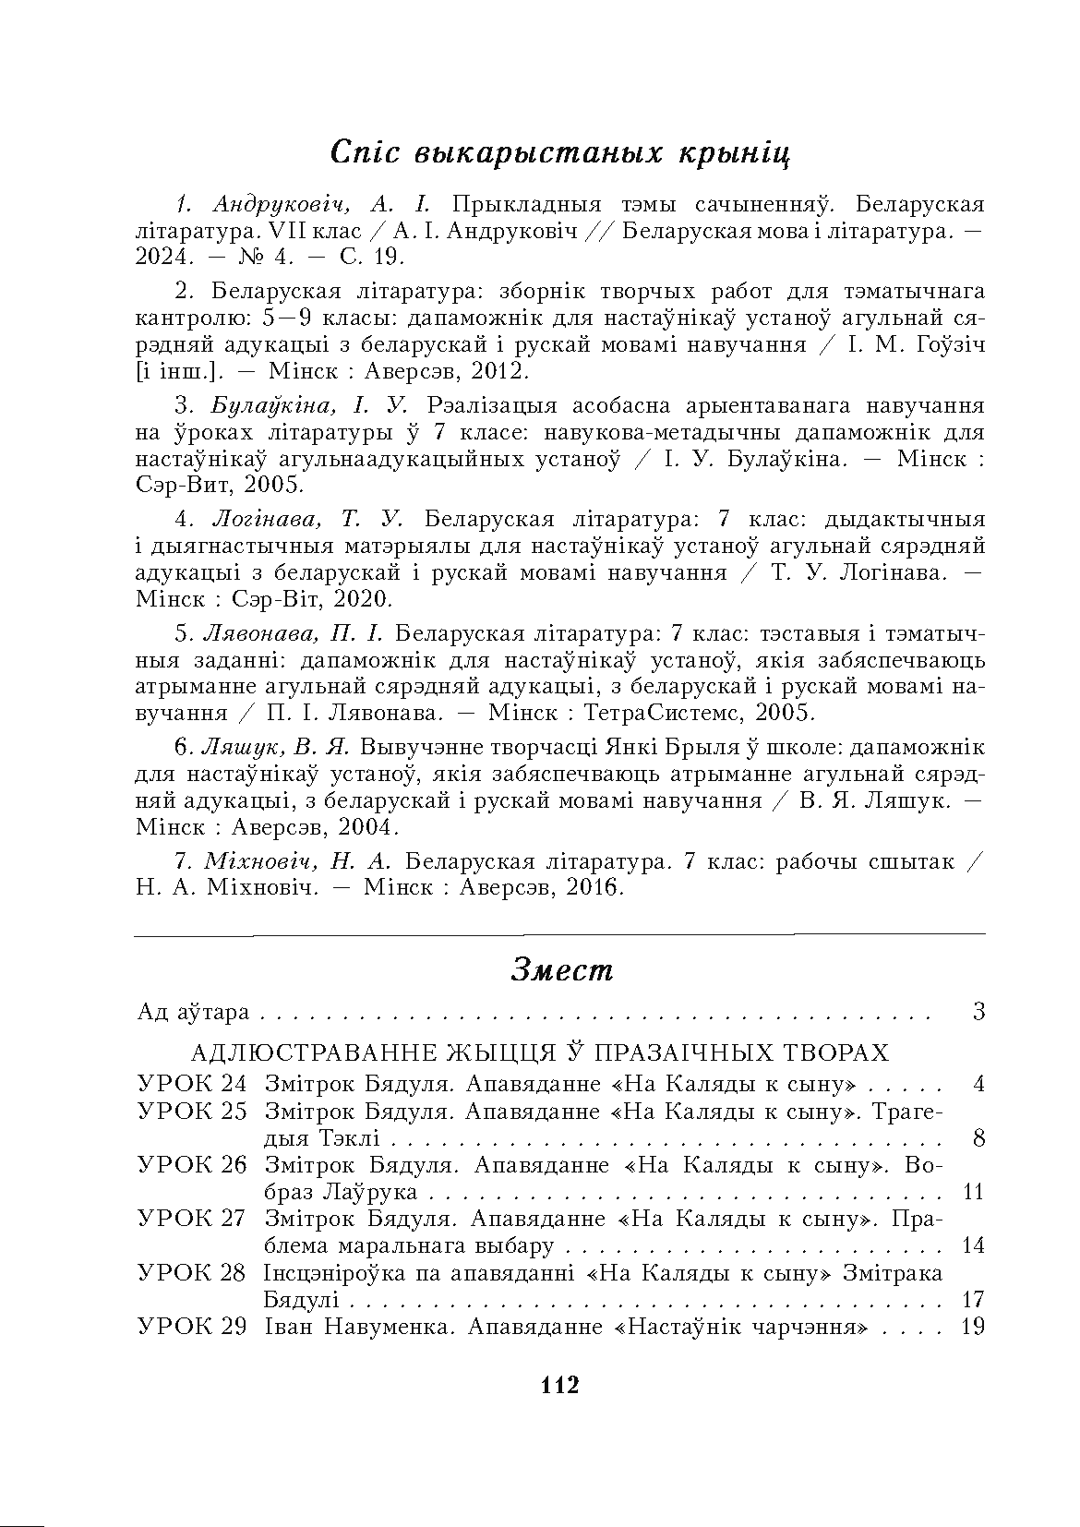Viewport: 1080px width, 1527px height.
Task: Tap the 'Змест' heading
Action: (561, 970)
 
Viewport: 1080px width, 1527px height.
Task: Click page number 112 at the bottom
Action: (559, 1384)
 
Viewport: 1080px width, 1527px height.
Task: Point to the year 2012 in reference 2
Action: (496, 371)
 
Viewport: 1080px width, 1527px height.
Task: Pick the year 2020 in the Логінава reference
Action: (362, 599)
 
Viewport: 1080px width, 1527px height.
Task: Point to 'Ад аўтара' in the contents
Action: (193, 1012)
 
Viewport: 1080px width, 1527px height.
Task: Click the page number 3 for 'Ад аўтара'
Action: (978, 1012)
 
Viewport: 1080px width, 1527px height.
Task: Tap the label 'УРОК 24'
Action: (191, 1083)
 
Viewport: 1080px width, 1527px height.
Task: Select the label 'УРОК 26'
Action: (191, 1164)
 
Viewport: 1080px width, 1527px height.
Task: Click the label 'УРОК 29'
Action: (191, 1327)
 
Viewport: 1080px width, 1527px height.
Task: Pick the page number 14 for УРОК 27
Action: (973, 1245)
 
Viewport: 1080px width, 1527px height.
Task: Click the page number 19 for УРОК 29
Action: (973, 1327)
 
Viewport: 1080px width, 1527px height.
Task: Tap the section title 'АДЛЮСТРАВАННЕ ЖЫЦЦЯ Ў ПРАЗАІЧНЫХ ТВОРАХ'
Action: (540, 1053)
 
